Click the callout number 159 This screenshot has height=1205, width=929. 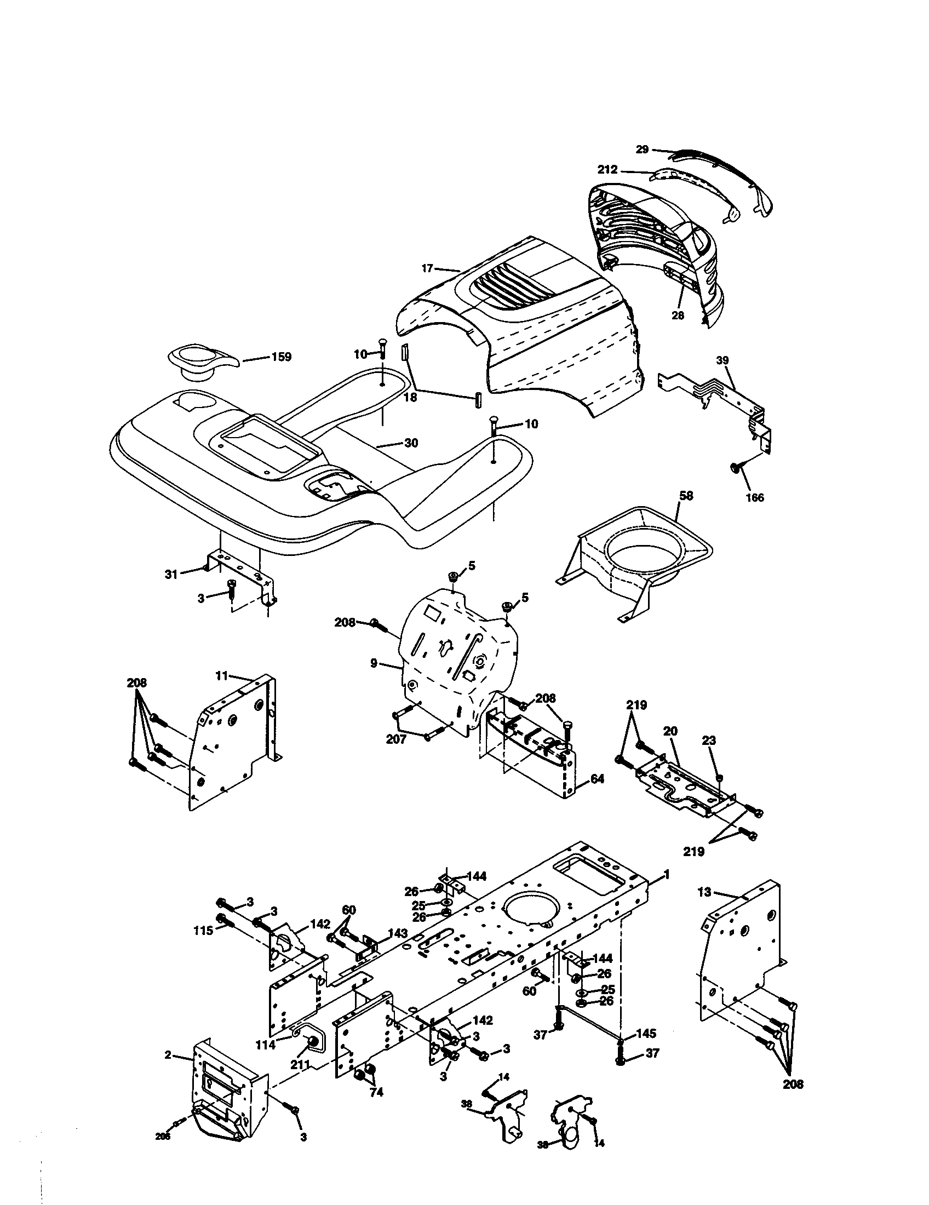point(282,357)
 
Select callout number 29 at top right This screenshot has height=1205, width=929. point(641,149)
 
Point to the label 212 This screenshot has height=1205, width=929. point(607,170)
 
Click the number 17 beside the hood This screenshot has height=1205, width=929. point(428,269)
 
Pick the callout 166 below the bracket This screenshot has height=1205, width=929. point(755,498)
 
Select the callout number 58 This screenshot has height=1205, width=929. point(686,496)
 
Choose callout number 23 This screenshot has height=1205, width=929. point(709,740)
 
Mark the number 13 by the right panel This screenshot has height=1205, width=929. point(704,892)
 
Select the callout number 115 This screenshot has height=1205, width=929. point(204,931)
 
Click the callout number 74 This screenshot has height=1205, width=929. point(376,1093)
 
